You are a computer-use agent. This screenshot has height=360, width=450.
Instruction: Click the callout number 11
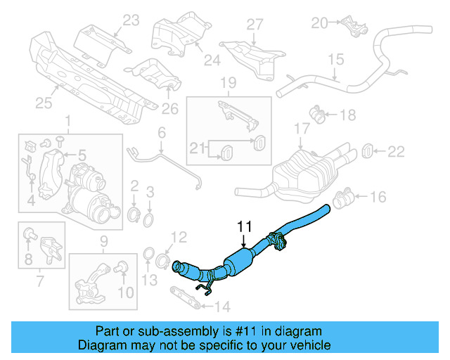coord(244,226)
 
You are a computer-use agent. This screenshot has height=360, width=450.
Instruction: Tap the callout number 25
coord(44,104)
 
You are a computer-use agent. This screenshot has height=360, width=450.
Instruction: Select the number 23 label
coord(131,21)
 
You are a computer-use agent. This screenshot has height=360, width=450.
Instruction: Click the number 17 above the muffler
coord(302,129)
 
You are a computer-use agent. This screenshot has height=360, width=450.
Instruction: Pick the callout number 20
coord(320,23)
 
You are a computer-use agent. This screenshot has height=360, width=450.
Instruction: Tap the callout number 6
coord(161,133)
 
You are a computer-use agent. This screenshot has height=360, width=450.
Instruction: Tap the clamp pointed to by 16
coord(343,200)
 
